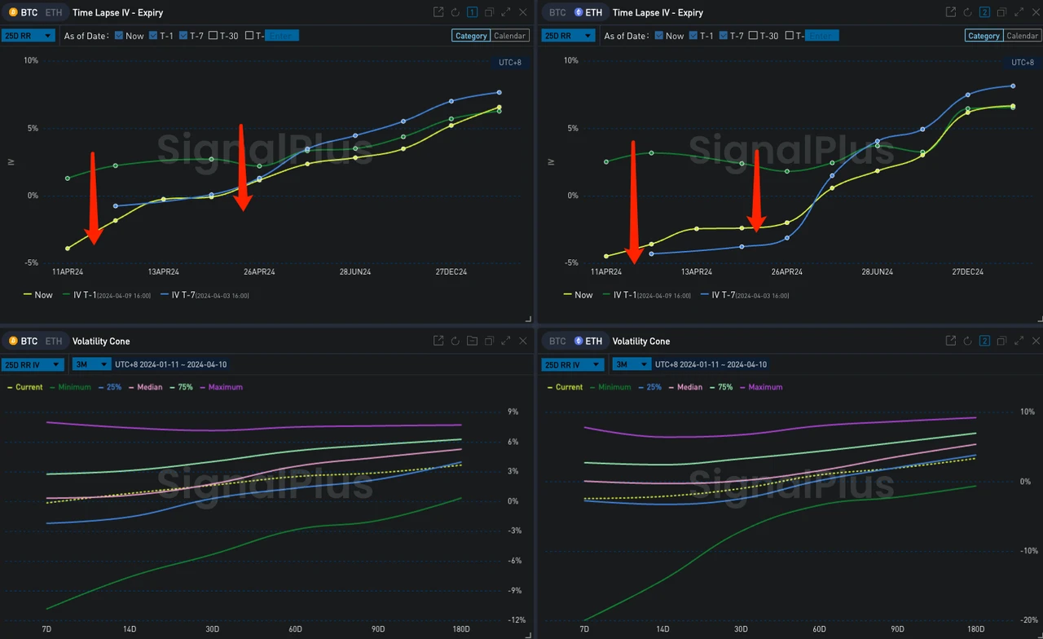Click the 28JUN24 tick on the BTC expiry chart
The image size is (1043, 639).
pos(355,271)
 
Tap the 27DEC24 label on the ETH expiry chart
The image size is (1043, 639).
pos(967,271)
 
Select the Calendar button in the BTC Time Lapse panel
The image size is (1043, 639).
pos(509,36)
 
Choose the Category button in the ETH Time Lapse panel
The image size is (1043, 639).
pos(984,36)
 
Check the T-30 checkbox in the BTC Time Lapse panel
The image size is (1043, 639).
pos(213,36)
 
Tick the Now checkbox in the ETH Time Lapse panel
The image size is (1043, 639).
pos(659,36)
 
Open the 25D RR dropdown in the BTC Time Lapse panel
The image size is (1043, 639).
pos(28,36)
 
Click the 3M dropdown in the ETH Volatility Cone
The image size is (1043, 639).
pos(632,364)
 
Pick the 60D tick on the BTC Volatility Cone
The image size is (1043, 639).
pos(295,629)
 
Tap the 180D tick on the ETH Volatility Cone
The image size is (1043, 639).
pos(975,629)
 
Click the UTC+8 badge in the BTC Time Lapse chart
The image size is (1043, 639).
pos(509,63)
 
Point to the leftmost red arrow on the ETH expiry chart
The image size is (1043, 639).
pos(633,204)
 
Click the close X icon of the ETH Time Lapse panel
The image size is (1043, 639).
pos(1036,12)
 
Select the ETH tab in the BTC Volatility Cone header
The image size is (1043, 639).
pos(53,341)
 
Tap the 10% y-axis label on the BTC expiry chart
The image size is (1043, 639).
pos(31,60)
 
